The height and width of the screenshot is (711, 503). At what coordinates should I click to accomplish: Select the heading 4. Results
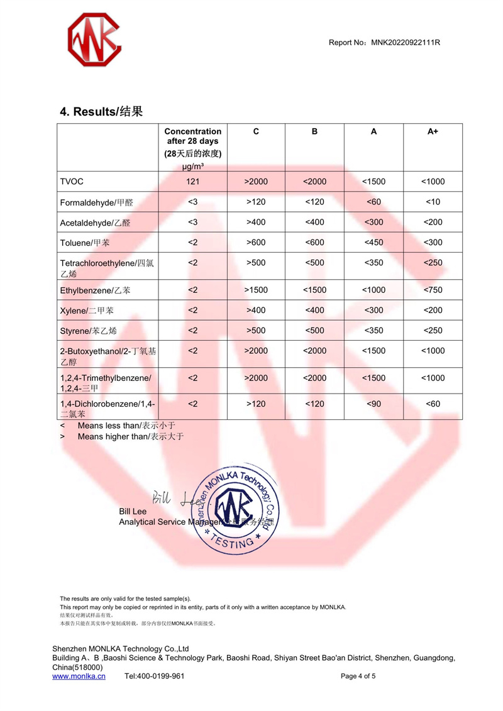(101, 112)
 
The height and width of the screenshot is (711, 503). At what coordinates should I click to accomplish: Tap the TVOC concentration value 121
(192, 182)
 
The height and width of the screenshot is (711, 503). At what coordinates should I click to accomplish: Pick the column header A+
(433, 131)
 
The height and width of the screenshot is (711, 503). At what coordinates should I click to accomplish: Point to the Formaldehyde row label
(97, 202)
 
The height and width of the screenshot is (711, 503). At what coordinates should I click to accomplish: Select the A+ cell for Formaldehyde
(433, 202)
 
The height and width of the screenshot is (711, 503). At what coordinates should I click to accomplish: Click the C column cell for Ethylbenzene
(256, 290)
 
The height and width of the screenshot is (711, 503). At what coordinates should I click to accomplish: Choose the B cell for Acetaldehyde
(314, 222)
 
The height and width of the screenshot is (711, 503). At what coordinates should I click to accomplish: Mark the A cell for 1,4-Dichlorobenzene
(373, 404)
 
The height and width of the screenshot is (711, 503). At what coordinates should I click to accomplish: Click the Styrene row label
(89, 331)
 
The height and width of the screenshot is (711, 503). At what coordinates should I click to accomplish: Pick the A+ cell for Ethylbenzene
(433, 290)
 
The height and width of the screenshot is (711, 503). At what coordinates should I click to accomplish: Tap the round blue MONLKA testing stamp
(233, 509)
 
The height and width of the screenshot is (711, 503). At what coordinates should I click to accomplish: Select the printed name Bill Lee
(133, 512)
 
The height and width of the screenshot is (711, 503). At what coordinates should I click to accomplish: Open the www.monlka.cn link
(79, 676)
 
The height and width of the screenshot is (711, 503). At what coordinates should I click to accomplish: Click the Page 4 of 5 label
(358, 676)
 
